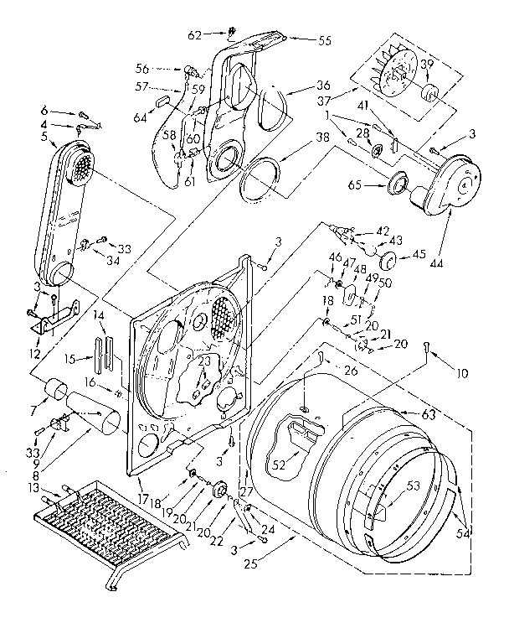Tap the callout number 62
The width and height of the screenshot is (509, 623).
(x=193, y=35)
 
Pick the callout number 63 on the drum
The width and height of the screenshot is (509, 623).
(x=406, y=413)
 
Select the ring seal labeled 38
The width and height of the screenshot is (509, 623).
(x=258, y=175)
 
